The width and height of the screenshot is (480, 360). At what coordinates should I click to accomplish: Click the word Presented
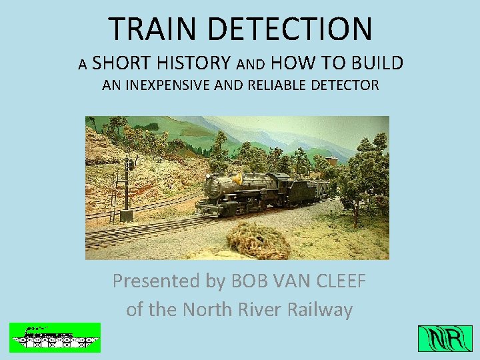click(x=157, y=281)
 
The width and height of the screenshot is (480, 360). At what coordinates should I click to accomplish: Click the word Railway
click(x=320, y=310)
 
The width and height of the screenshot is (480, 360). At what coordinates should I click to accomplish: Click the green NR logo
click(x=445, y=339)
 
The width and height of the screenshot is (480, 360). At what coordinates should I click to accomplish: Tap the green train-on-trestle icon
click(x=55, y=337)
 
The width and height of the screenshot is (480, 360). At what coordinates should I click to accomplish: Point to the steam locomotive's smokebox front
click(x=211, y=187)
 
